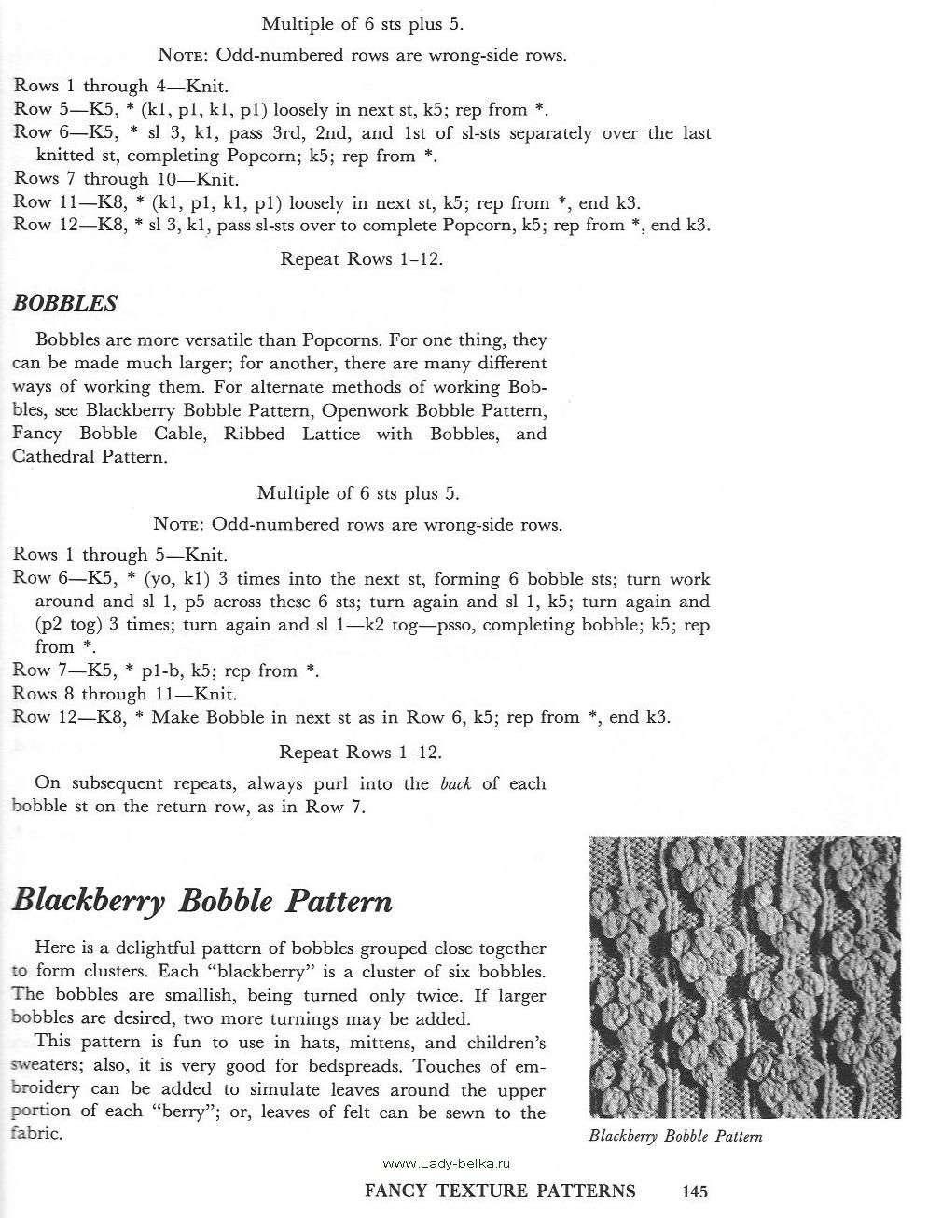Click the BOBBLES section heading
tap(64, 303)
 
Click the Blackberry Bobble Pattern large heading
tap(202, 901)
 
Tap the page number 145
tap(695, 1191)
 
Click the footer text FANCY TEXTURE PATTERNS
tap(500, 1191)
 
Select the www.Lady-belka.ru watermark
tap(448, 1163)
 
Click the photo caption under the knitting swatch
tap(675, 1136)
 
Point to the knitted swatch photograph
tap(744, 977)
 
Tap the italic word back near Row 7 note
tap(455, 783)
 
